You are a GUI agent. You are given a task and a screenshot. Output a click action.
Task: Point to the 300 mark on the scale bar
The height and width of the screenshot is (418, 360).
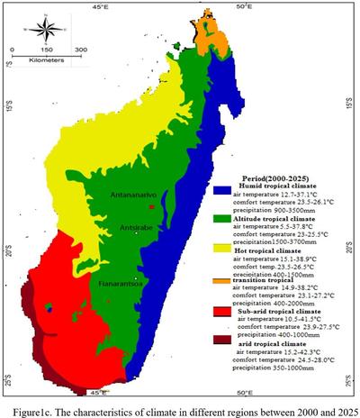tap(80, 49)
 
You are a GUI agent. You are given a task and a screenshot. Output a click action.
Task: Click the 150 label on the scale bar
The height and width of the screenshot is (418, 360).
tap(48, 49)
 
